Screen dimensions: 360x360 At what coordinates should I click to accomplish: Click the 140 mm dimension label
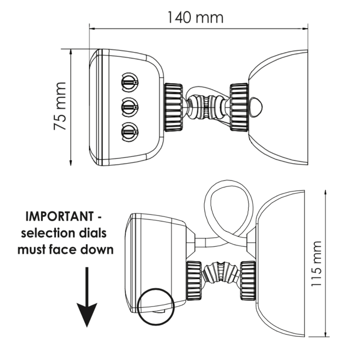pos(195,17)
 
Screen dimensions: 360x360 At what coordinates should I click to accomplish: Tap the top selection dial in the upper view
pos(129,81)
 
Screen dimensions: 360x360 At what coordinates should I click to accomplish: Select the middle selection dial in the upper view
pos(129,107)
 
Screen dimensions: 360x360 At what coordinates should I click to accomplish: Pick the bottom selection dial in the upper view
pos(129,132)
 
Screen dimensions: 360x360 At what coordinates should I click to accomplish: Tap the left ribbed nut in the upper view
pos(173,107)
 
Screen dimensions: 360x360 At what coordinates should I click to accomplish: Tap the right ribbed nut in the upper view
pos(239,107)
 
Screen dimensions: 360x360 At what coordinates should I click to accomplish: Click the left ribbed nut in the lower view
pos(194,280)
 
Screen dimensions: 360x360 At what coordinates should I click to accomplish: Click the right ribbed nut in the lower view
pos(247,280)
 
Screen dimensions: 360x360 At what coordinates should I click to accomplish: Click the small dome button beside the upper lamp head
pos(257,106)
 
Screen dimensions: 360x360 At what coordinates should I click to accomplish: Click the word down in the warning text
pos(94,250)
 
